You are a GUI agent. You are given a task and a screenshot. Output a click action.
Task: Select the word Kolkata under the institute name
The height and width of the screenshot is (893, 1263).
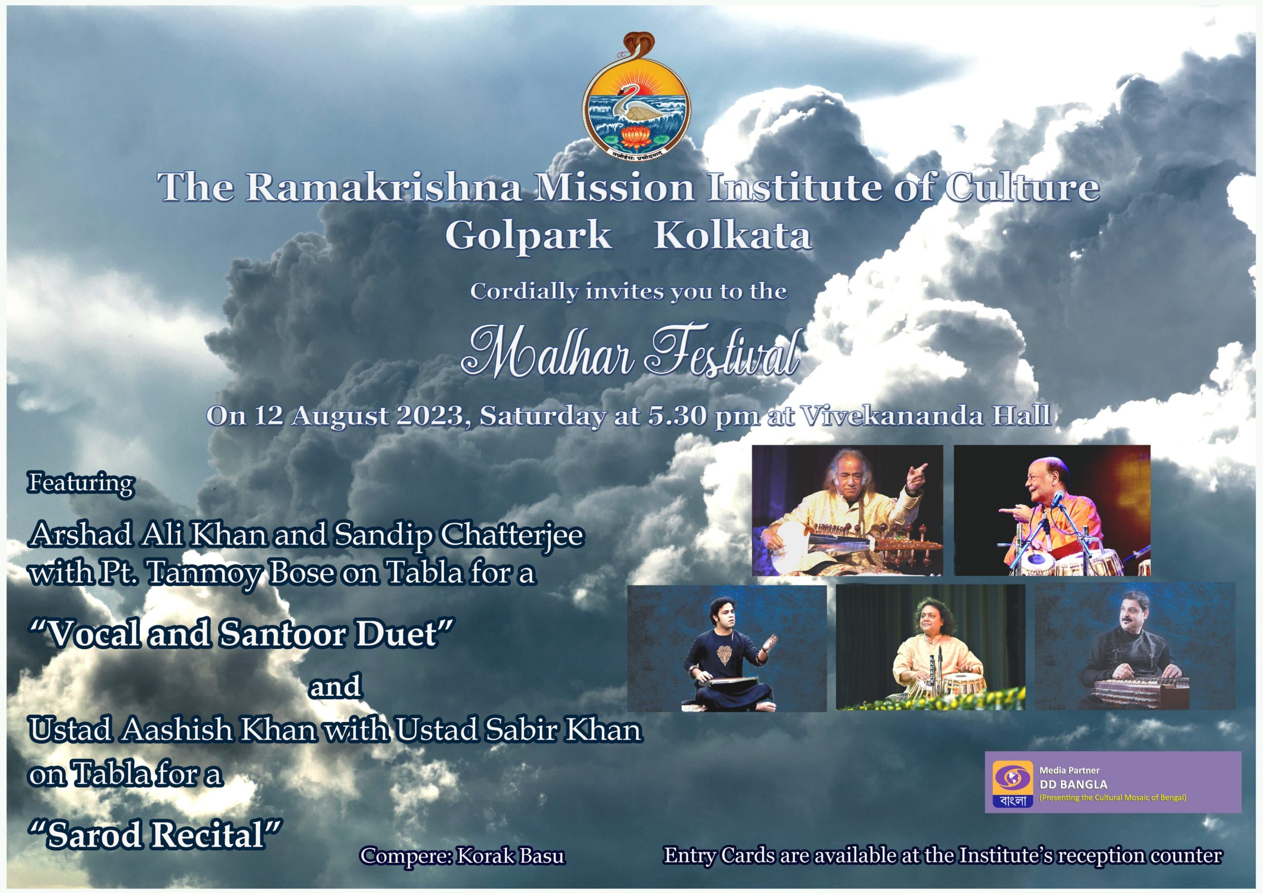point(732,235)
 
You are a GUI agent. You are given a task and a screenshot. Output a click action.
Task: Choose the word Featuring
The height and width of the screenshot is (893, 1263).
point(81,483)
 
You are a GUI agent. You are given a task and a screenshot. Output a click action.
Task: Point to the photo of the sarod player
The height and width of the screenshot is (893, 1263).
point(848,511)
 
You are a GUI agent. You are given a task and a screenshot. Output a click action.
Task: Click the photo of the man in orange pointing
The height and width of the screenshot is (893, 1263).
point(1052,511)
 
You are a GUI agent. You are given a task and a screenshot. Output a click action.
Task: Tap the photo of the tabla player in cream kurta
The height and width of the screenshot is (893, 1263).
point(931,647)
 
